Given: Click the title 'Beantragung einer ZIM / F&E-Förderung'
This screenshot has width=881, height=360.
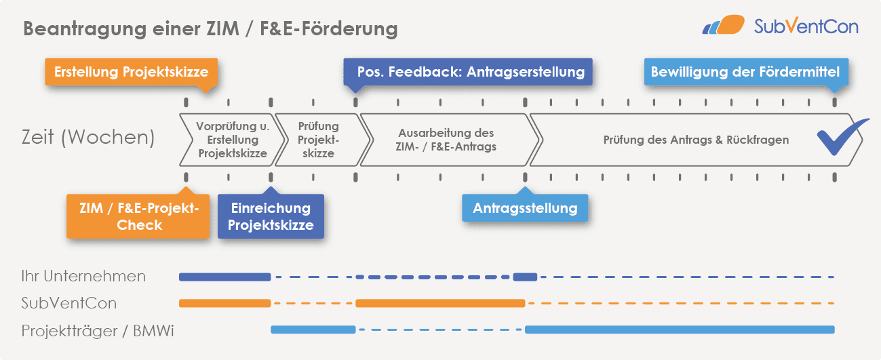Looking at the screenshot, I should pyautogui.click(x=210, y=29).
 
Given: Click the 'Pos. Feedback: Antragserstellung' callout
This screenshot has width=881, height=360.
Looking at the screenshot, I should pyautogui.click(x=471, y=72).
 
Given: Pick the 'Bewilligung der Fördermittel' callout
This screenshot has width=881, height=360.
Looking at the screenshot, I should pyautogui.click(x=745, y=72).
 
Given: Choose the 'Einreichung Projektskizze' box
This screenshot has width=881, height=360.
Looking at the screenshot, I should pyautogui.click(x=271, y=216).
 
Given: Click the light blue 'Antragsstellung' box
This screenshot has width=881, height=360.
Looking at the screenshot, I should pyautogui.click(x=525, y=207).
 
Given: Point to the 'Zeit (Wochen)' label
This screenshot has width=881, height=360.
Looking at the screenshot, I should pyautogui.click(x=87, y=138).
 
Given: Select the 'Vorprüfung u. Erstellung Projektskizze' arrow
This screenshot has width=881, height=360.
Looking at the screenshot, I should pyautogui.click(x=229, y=140).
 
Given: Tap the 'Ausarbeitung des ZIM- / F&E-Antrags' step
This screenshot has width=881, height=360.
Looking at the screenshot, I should pyautogui.click(x=447, y=140).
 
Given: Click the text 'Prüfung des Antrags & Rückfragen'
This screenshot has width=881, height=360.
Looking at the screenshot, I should pyautogui.click(x=696, y=140).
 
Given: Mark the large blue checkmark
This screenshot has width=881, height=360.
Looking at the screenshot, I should pyautogui.click(x=842, y=136).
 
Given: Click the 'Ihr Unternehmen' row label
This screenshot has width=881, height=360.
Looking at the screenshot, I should pyautogui.click(x=83, y=276).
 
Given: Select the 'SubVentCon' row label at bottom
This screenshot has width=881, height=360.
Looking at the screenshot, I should pyautogui.click(x=68, y=302).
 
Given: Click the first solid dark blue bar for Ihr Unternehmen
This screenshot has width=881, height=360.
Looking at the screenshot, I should pyautogui.click(x=224, y=277).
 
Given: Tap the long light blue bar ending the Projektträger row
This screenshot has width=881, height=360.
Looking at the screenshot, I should pyautogui.click(x=679, y=329).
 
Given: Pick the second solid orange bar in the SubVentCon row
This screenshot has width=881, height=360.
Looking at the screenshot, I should pyautogui.click(x=440, y=303).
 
